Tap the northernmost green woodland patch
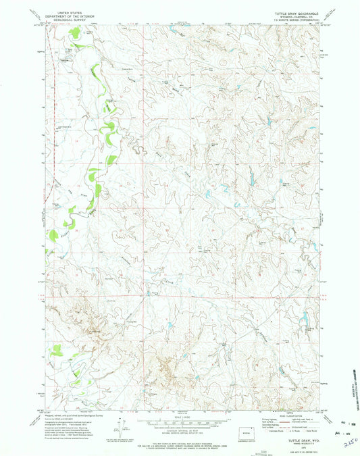[x=80, y=47]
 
